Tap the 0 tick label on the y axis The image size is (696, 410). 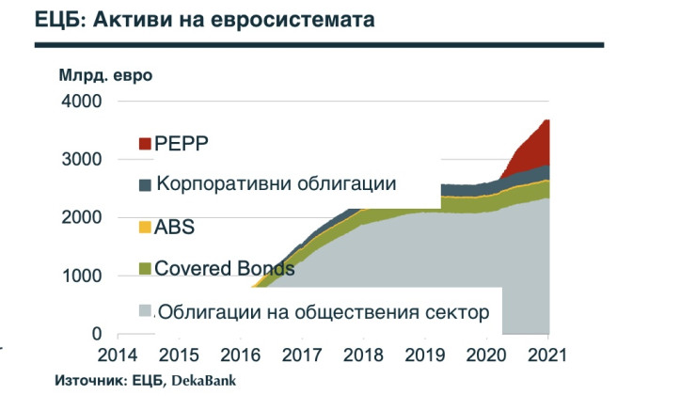coord(97,334)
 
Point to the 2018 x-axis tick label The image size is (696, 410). coord(363,356)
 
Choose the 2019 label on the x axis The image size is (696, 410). coord(425,356)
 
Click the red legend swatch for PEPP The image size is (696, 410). coord(145,143)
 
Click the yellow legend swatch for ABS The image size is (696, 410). coord(145,227)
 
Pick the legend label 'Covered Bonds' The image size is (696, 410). coord(226,269)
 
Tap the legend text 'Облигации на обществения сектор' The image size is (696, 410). coord(323,312)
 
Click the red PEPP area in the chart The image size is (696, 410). coord(531,150)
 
